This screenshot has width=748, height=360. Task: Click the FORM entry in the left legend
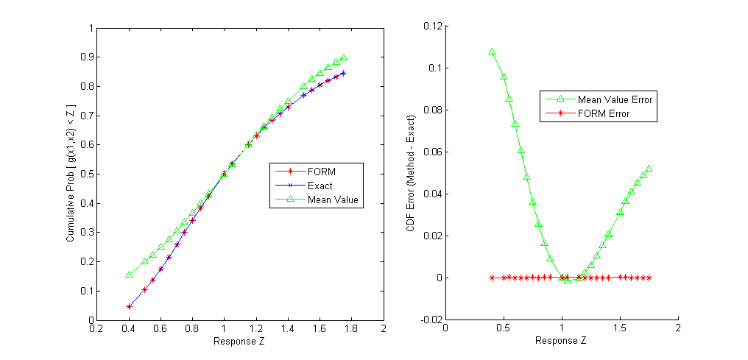click(321, 172)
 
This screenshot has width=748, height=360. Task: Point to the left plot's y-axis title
click(71, 174)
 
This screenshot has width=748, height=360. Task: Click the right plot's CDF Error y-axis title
click(412, 174)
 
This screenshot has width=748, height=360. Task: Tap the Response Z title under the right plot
click(561, 341)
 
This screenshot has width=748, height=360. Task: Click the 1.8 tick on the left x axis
click(352, 330)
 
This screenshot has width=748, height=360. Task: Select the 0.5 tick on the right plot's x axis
click(504, 330)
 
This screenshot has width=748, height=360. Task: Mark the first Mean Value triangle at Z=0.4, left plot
click(129, 275)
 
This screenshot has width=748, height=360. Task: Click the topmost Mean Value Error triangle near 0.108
click(492, 52)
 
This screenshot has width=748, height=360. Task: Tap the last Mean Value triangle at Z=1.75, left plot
click(343, 57)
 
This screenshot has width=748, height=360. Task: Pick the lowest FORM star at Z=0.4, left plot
click(129, 306)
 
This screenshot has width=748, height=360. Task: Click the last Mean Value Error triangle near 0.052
click(649, 169)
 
